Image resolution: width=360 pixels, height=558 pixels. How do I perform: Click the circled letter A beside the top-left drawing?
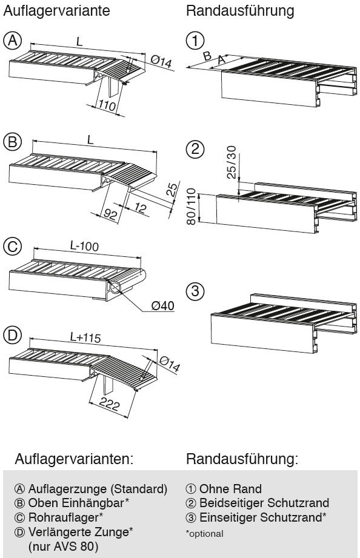12,41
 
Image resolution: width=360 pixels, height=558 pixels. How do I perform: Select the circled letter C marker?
12,247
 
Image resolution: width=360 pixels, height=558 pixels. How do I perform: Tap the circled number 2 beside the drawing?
195,149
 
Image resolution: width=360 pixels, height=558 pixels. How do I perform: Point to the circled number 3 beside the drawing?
195,291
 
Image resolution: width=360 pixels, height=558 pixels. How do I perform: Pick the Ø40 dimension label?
163,305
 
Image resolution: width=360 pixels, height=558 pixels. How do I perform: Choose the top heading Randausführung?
241,10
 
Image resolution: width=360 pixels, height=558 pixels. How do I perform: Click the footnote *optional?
205,533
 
